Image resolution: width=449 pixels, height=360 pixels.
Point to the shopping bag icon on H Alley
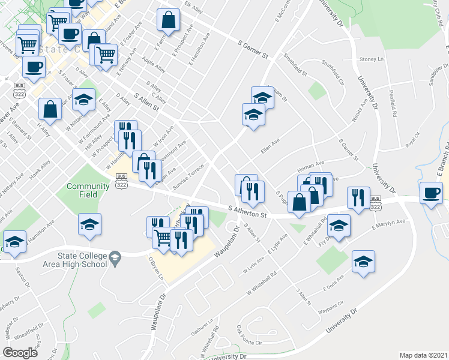coord(50,109)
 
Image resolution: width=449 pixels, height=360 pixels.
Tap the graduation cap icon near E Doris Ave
coord(363,263)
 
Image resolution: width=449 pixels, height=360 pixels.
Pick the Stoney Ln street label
coord(370,59)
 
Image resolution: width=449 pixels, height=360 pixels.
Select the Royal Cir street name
coord(412,144)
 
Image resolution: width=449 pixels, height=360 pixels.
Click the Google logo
coord(20,353)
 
